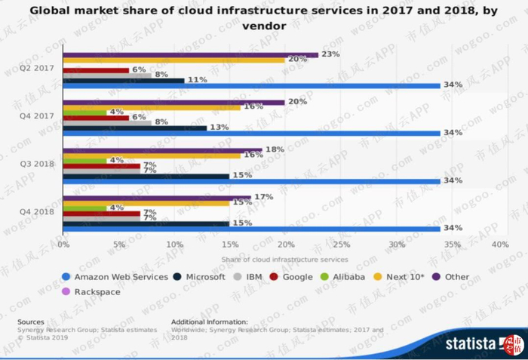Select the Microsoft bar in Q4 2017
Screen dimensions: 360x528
pyautogui.click(x=135, y=128)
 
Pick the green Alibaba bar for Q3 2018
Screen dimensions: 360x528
pyautogui.click(x=84, y=160)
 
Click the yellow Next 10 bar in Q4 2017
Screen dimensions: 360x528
pyautogui.click(x=152, y=107)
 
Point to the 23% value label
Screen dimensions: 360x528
pyautogui.click(x=330, y=54)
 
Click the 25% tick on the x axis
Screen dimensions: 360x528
pyautogui.click(x=342, y=245)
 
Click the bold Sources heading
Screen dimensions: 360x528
pyautogui.click(x=31, y=321)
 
